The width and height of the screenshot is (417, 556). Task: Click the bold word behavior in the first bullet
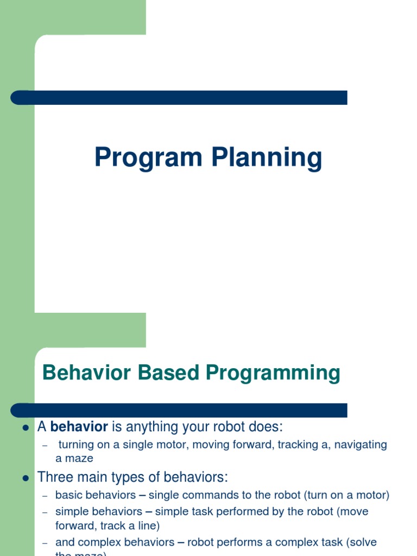[x=79, y=427]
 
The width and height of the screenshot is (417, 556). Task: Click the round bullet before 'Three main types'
[x=25, y=478]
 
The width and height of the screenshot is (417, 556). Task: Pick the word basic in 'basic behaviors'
[x=67, y=495]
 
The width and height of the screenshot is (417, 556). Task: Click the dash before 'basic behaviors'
[x=46, y=496]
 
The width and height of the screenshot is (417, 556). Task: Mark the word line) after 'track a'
[x=149, y=526]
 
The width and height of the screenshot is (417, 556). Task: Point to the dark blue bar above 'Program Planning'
[x=179, y=98]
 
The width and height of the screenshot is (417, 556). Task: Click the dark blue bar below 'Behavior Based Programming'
[x=179, y=410]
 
